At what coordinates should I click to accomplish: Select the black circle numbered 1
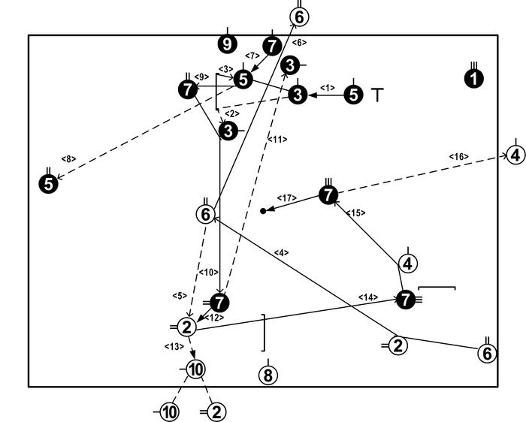473,78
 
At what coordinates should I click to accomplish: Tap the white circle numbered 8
268,375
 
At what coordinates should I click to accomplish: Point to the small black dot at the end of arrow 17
263,211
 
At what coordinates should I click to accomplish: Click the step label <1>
327,88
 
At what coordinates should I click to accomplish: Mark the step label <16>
459,156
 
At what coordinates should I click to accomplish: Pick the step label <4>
281,252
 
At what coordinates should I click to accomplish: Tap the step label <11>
277,139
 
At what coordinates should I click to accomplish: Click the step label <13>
174,346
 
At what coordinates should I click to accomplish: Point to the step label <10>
208,271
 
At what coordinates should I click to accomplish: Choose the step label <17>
286,198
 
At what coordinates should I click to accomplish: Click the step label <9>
201,77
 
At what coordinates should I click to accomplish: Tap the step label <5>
179,294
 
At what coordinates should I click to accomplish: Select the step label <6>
298,42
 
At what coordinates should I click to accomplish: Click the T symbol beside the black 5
377,95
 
